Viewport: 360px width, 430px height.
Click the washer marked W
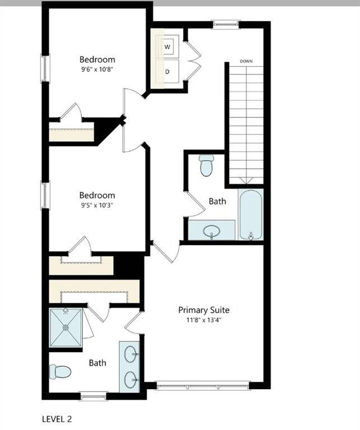pyautogui.click(x=169, y=46)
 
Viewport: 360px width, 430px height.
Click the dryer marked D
pyautogui.click(x=168, y=72)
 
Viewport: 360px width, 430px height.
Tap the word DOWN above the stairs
pyautogui.click(x=246, y=60)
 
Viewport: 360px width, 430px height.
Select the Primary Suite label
pyautogui.click(x=204, y=310)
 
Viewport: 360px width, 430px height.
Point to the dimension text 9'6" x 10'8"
pyautogui.click(x=97, y=69)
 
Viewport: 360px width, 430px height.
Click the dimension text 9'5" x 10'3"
pyautogui.click(x=97, y=205)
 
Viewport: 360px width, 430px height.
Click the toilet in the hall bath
pyautogui.click(x=207, y=165)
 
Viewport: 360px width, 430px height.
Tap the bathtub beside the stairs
pyautogui.click(x=251, y=214)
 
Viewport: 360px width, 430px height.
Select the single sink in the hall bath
pyautogui.click(x=212, y=230)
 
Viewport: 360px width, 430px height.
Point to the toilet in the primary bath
pyautogui.click(x=60, y=371)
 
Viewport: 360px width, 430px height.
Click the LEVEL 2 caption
pyautogui.click(x=57, y=418)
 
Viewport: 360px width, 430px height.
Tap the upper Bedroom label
pyautogui.click(x=97, y=59)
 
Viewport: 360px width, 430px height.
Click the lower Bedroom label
pyautogui.click(x=97, y=195)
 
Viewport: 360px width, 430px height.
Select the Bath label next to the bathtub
pyautogui.click(x=217, y=200)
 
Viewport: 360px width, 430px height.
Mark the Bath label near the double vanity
pyautogui.click(x=97, y=363)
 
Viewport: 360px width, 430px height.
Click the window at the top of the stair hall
pyautogui.click(x=226, y=24)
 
